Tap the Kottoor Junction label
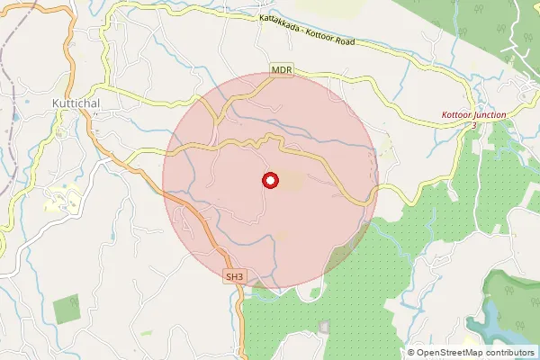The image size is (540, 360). pyautogui.click(x=474, y=114)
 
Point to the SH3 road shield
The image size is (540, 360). pyautogui.click(x=235, y=277)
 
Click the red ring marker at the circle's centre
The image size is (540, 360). pyautogui.click(x=269, y=181)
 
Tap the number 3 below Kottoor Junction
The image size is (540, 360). pyautogui.click(x=473, y=125)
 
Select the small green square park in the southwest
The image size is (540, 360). pyautogui.click(x=67, y=310)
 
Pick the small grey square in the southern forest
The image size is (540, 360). pyautogui.click(x=324, y=325)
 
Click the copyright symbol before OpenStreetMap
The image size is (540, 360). pyautogui.click(x=411, y=353)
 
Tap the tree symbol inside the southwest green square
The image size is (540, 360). pyautogui.click(x=67, y=310)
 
